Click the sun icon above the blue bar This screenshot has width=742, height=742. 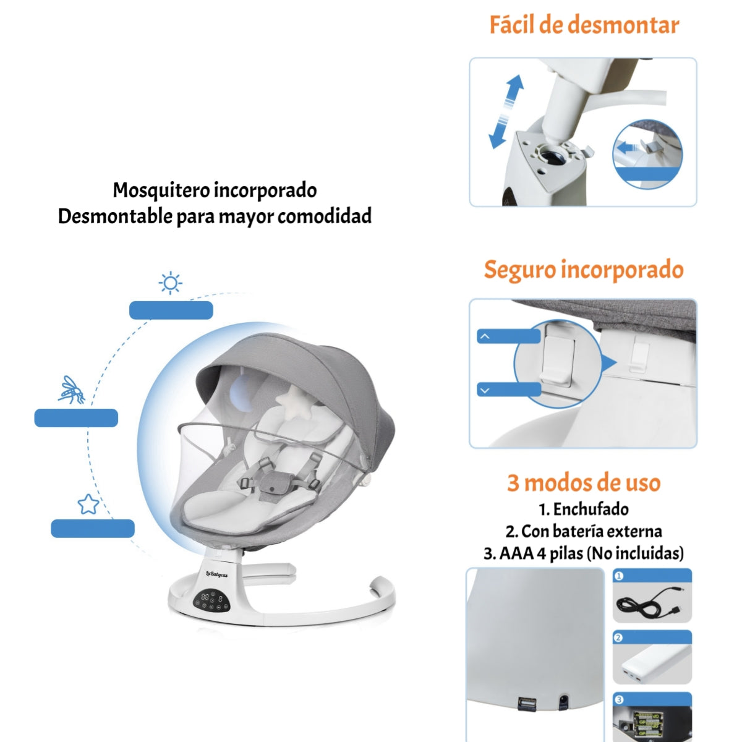coord(170,283)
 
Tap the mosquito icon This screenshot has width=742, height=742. coord(72,390)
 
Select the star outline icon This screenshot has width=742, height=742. coord(88,504)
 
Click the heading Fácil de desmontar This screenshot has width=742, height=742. coord(584,25)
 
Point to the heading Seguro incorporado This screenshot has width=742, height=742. coord(583,270)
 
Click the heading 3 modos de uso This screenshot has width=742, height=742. coord(584,482)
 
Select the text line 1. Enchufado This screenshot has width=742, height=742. coord(584,510)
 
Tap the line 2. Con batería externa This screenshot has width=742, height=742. coord(584,531)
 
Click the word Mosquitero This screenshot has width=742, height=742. coord(162,190)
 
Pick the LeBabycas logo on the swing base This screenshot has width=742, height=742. coord(216,574)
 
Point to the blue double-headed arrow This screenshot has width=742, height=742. coord(506,112)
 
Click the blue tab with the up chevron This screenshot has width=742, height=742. coord(508,336)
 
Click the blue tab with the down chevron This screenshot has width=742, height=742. coord(508,390)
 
